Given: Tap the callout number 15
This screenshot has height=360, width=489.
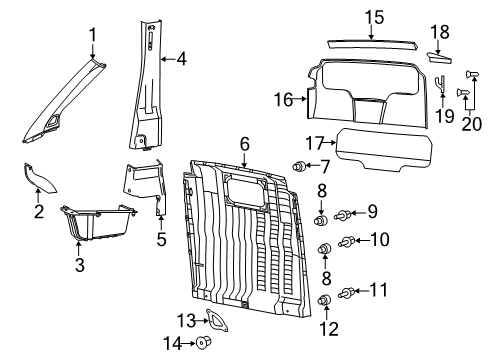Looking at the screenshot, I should pyautogui.click(x=373, y=16).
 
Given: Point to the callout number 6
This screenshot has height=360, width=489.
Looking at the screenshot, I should pyautogui.click(x=243, y=144).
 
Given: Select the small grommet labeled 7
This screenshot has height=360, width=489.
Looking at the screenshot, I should pyautogui.click(x=297, y=165).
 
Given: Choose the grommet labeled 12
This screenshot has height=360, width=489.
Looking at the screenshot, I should pyautogui.click(x=323, y=328).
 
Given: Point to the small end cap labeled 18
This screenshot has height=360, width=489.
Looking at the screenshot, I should pyautogui.click(x=439, y=56).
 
